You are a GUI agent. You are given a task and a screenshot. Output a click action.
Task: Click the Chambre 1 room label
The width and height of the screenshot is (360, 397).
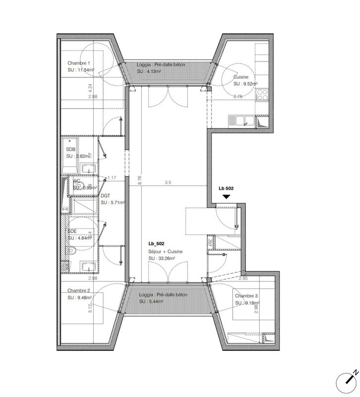(79, 63)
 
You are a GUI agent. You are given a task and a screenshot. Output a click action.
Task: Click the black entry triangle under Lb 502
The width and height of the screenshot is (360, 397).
(226, 197)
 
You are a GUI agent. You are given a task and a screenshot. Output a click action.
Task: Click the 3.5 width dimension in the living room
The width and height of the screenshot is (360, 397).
(168, 183)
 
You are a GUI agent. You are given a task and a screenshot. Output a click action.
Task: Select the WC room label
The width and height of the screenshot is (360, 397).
(77, 181)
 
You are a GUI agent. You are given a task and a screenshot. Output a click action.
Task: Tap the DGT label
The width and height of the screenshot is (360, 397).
(105, 196)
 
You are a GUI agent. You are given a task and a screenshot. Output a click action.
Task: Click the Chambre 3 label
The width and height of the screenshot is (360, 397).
(247, 295)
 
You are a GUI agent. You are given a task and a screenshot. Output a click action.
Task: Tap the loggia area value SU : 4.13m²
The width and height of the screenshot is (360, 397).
(149, 71)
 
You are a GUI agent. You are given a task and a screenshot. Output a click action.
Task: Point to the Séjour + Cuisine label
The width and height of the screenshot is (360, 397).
(165, 252)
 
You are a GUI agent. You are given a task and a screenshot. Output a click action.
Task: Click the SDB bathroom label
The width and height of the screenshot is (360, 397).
(71, 149)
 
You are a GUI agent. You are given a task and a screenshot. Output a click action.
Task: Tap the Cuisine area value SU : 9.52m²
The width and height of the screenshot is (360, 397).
(248, 84)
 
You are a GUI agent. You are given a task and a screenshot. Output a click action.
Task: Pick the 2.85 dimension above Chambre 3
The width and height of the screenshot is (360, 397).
(243, 278)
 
